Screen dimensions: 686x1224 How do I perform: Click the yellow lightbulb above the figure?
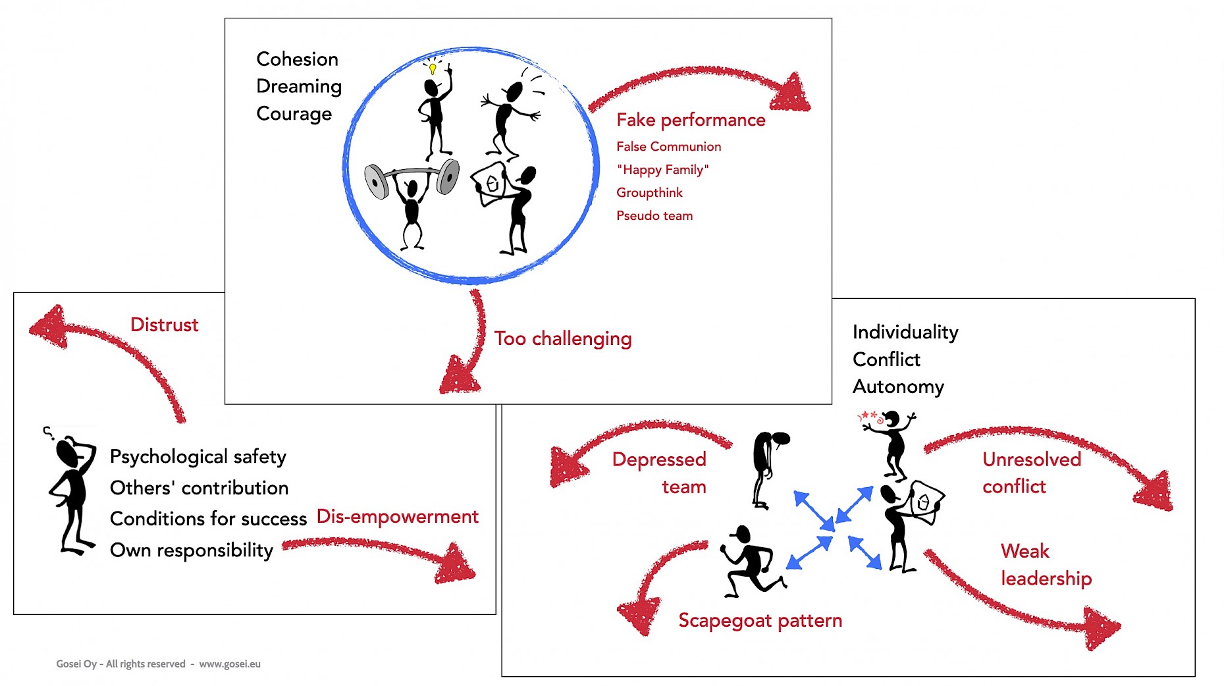[x=433, y=68]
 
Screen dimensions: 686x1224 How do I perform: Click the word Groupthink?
[x=649, y=192]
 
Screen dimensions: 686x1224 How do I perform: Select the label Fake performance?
[x=691, y=120]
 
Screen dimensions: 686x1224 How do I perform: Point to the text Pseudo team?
[x=654, y=215]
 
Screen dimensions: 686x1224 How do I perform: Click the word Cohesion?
[x=297, y=59]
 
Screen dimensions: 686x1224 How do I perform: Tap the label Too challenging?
[x=563, y=338]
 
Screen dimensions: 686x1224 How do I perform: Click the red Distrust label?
[x=164, y=325]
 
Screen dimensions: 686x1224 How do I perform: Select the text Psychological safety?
[x=198, y=456]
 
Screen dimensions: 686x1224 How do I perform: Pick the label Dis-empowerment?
[x=397, y=516]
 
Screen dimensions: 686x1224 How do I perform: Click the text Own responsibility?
[x=191, y=550]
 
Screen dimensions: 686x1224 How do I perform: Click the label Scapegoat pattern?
[x=760, y=620]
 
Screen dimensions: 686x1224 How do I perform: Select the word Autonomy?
[x=898, y=386]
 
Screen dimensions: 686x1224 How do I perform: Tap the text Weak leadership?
[x=1046, y=564]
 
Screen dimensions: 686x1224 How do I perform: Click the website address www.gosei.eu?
[x=230, y=664]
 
